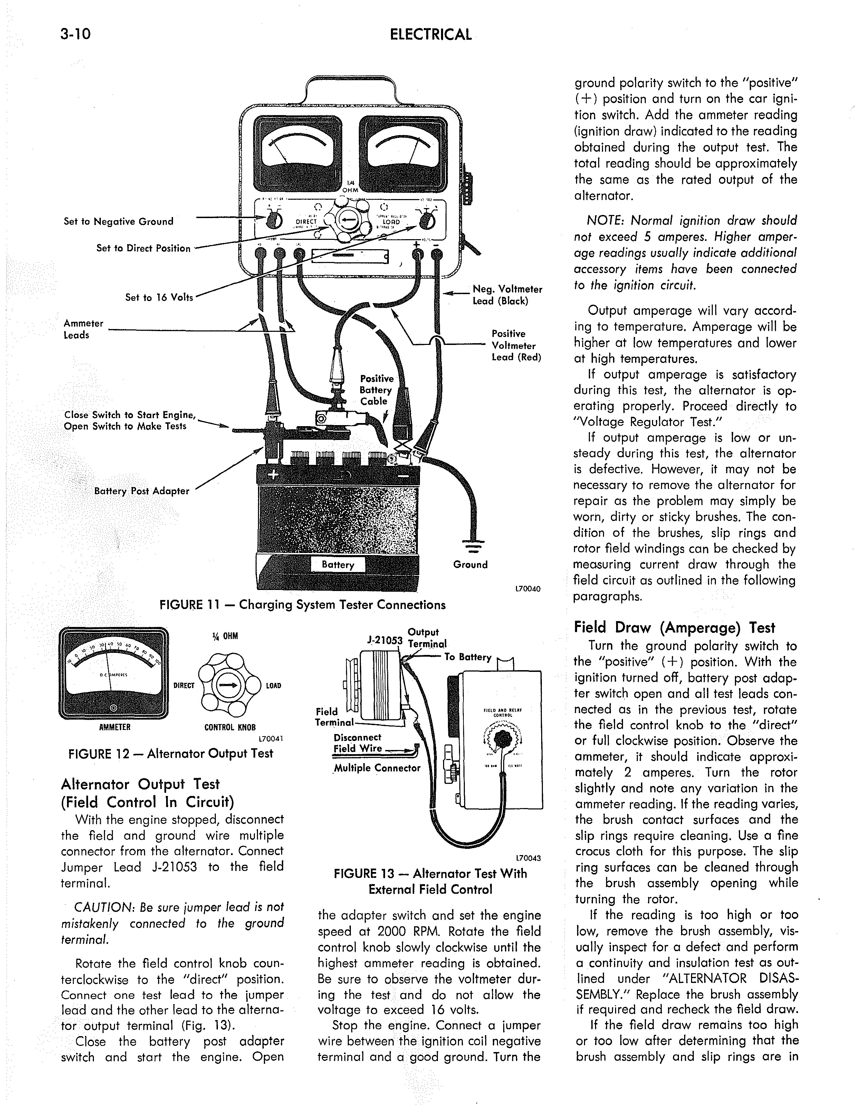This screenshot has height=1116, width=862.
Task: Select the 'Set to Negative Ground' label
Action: [x=118, y=221]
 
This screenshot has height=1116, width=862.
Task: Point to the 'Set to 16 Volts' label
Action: [x=159, y=297]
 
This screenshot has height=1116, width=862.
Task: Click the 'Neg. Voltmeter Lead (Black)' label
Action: [x=507, y=295]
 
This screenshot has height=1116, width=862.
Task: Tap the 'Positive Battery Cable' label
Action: [x=376, y=390]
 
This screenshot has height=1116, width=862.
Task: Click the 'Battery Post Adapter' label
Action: [x=142, y=491]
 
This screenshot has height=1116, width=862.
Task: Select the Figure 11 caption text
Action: [x=302, y=605]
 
